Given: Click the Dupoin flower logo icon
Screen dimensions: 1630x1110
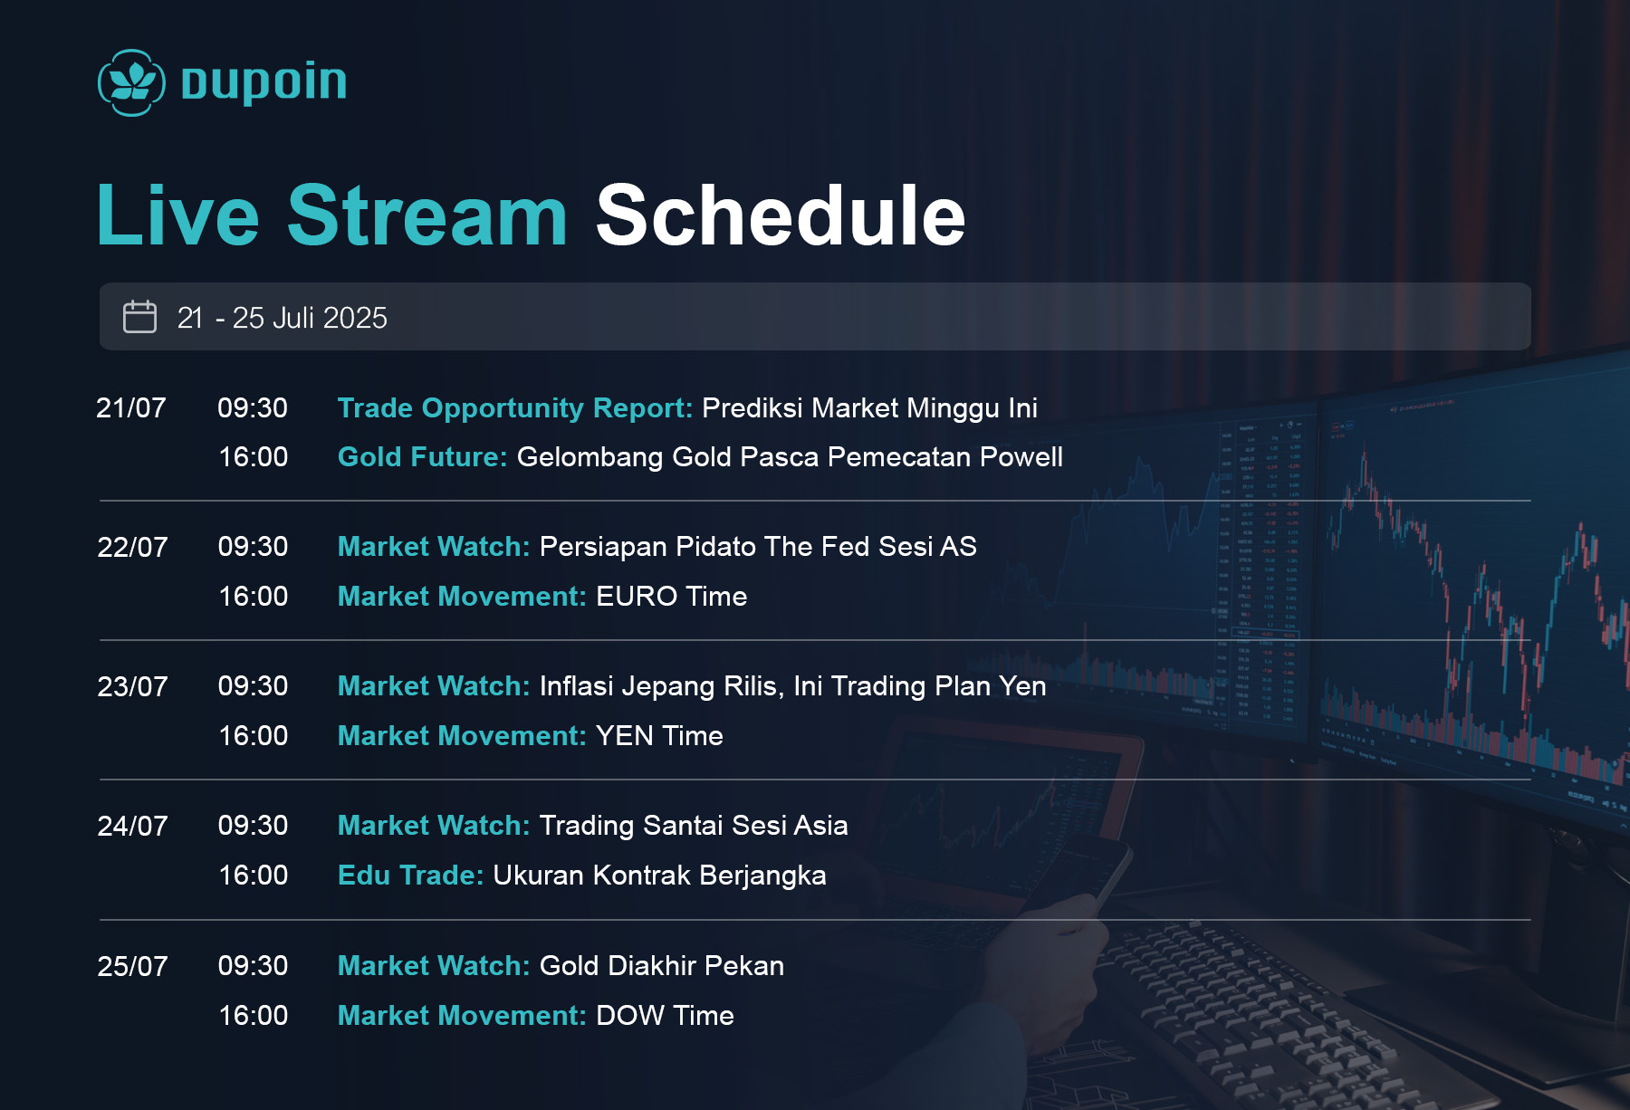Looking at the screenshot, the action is point(131,82).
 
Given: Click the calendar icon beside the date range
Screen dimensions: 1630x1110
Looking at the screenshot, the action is point(139,317).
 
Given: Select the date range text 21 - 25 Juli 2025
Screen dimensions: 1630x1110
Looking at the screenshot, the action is point(282,318).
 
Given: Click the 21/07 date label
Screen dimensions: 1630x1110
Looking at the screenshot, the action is point(131,407).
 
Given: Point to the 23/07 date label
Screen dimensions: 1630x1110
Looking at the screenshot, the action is point(132,686).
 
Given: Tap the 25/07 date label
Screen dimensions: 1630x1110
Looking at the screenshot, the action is point(132,966).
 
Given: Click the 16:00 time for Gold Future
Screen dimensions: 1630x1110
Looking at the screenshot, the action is point(254,456).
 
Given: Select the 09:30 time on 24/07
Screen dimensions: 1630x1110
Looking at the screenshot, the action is point(253,826).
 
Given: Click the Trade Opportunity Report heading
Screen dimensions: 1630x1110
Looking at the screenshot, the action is point(514,408).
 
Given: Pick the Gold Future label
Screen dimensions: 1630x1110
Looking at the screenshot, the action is point(422,456).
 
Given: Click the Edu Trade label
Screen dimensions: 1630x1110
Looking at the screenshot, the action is point(410,876).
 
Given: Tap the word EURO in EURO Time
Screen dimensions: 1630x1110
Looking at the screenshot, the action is point(637,597).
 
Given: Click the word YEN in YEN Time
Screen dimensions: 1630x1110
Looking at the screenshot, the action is point(624,736).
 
